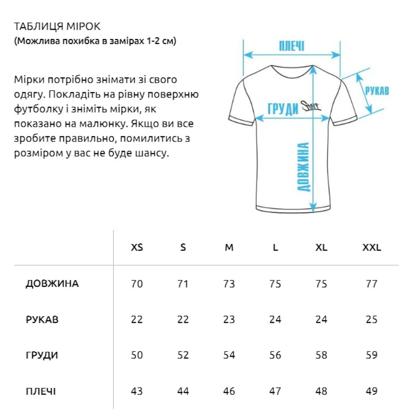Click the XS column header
(137, 248)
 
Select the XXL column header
(371, 248)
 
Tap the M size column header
(229, 248)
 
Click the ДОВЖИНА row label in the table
(52, 284)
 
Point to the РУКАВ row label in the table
(42, 320)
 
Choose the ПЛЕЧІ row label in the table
(41, 391)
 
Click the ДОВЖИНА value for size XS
(137, 284)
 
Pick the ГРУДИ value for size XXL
(371, 356)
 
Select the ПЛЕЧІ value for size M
(229, 391)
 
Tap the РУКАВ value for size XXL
(371, 320)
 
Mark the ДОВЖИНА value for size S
(183, 284)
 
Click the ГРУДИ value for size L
(276, 356)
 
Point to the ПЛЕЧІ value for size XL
(321, 391)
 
